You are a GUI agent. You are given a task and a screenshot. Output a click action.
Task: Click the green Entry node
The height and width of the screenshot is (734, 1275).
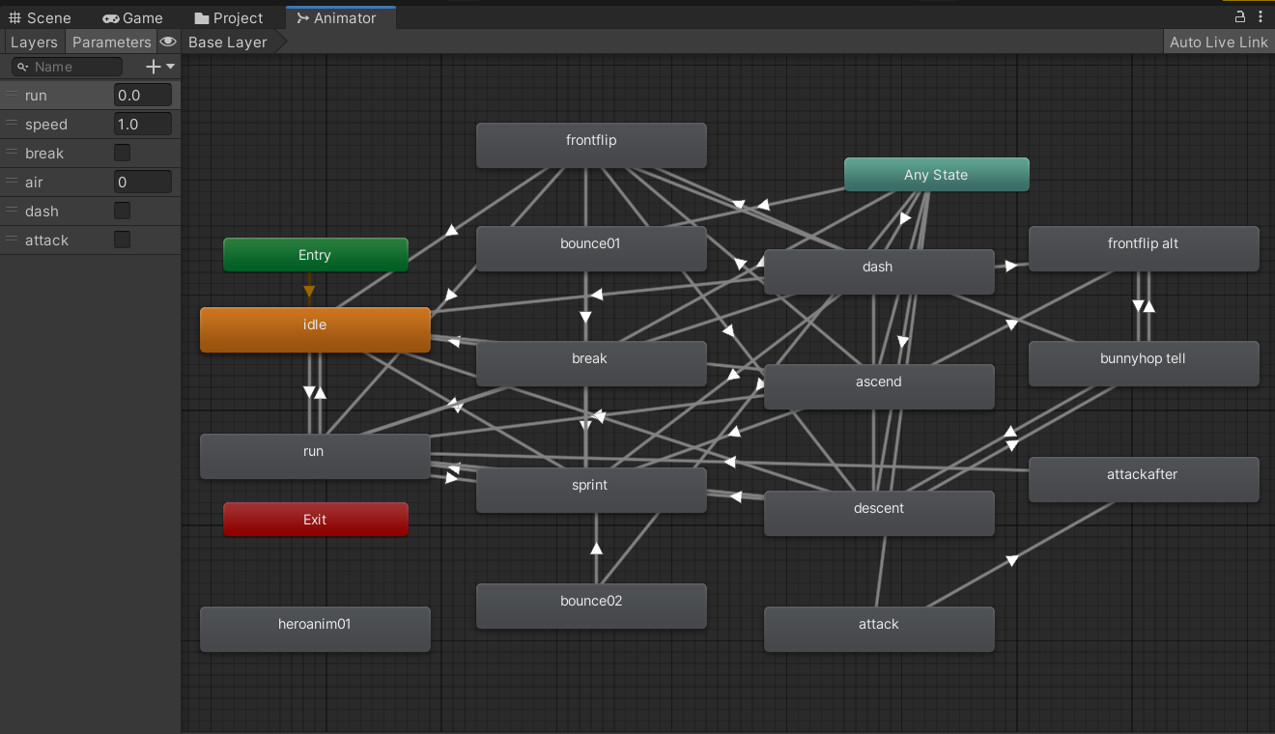click(315, 254)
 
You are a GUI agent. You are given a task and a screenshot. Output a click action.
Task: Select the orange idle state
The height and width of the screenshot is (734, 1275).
click(315, 329)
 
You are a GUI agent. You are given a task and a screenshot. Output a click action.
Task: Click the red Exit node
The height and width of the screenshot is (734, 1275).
click(315, 519)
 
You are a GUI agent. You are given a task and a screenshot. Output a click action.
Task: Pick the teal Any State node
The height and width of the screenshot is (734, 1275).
click(936, 174)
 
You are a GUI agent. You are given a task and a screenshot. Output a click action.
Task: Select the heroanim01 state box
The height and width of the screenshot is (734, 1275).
click(315, 629)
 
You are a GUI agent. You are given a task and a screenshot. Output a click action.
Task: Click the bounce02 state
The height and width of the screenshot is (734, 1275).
click(591, 606)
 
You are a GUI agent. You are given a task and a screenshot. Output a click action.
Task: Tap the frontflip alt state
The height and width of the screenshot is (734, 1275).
click(1144, 248)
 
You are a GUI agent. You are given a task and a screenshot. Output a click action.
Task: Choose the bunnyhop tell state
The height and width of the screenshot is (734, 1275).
click(1144, 363)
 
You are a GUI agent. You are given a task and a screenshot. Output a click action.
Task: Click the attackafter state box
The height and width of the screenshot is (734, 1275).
click(1144, 479)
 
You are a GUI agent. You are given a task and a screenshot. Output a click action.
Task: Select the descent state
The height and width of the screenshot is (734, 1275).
click(879, 513)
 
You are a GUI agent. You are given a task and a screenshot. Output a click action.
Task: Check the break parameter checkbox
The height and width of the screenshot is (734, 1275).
click(122, 153)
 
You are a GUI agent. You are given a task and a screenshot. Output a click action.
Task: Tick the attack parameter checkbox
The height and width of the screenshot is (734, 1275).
click(122, 240)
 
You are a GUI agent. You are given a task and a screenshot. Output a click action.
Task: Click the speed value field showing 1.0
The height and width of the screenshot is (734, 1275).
click(142, 124)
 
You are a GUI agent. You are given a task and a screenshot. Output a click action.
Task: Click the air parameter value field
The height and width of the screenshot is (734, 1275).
click(142, 183)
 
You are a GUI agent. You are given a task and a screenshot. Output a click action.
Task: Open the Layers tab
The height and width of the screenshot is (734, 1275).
click(34, 42)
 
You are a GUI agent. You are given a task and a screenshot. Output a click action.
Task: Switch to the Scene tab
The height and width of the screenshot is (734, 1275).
click(40, 17)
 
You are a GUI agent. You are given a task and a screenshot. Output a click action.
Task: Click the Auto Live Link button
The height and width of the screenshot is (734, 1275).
click(1219, 42)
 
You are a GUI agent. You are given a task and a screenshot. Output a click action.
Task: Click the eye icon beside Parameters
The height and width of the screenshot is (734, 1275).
click(168, 42)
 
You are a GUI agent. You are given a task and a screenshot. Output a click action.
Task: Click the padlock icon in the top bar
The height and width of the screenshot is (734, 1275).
click(1239, 16)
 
